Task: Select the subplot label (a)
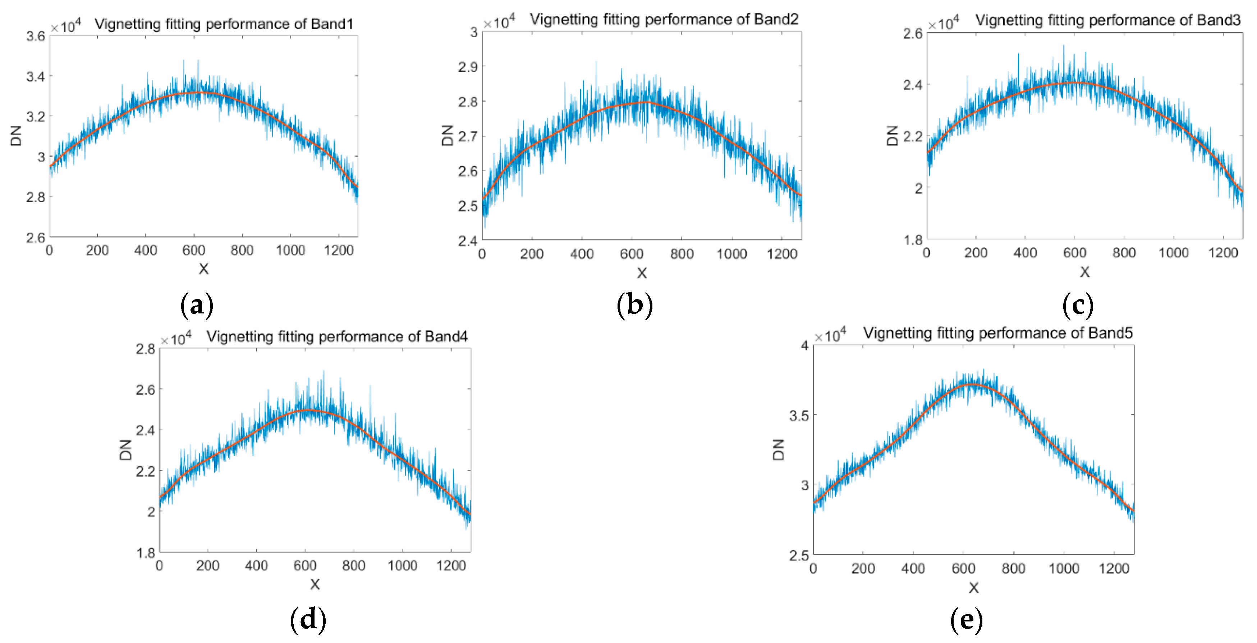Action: click(x=197, y=306)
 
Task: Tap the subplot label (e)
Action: click(x=966, y=620)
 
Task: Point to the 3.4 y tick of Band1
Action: click(x=35, y=76)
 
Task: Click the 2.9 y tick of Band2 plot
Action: click(x=468, y=67)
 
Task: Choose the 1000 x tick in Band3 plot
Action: click(x=1173, y=252)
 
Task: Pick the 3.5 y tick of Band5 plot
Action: click(x=799, y=416)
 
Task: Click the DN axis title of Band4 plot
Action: click(x=125, y=449)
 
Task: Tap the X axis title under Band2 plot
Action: click(x=642, y=273)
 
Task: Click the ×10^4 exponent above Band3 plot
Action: click(x=943, y=23)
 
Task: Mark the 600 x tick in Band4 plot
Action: click(x=305, y=565)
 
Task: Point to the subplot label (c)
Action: click(x=1077, y=306)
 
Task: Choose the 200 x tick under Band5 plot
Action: click(x=863, y=568)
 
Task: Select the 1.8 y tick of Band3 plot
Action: click(x=913, y=240)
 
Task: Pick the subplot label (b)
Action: click(x=634, y=306)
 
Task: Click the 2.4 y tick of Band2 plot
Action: click(x=468, y=241)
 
